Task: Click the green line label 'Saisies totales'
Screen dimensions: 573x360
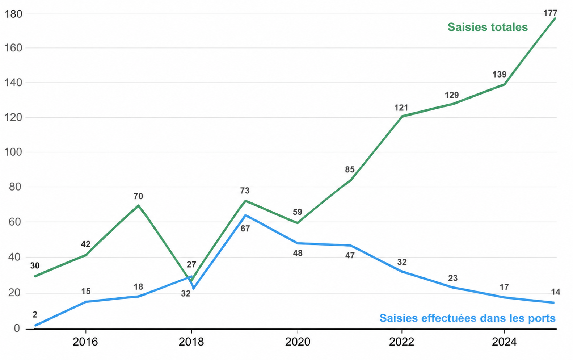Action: pyautogui.click(x=488, y=27)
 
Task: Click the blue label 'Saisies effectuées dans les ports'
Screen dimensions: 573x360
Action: pyautogui.click(x=468, y=318)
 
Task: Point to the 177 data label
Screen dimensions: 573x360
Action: pyautogui.click(x=550, y=13)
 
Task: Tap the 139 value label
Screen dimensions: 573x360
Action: pyautogui.click(x=499, y=75)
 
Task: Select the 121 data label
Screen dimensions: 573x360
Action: pyautogui.click(x=401, y=108)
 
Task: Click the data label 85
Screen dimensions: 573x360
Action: pyautogui.click(x=350, y=169)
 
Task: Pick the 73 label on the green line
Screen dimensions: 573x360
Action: pyautogui.click(x=245, y=191)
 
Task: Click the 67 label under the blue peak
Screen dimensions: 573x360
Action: pyautogui.click(x=245, y=229)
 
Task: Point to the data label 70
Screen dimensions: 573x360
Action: pyautogui.click(x=138, y=196)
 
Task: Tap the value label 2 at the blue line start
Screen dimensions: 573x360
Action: pyautogui.click(x=35, y=314)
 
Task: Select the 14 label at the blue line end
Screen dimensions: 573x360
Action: pyautogui.click(x=555, y=292)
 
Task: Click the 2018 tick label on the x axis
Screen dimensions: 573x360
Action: pyautogui.click(x=191, y=342)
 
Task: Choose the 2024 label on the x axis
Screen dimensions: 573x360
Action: pyautogui.click(x=504, y=342)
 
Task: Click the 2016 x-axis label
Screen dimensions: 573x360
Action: pyautogui.click(x=85, y=342)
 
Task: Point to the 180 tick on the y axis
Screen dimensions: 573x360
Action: pyautogui.click(x=13, y=14)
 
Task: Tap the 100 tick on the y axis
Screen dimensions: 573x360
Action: pyautogui.click(x=13, y=152)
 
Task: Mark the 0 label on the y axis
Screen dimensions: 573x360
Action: pyautogui.click(x=17, y=328)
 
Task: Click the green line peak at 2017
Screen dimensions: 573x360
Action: pyautogui.click(x=138, y=205)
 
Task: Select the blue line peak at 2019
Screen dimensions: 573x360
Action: pyautogui.click(x=245, y=215)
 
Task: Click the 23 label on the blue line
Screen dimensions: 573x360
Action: pyautogui.click(x=452, y=278)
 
